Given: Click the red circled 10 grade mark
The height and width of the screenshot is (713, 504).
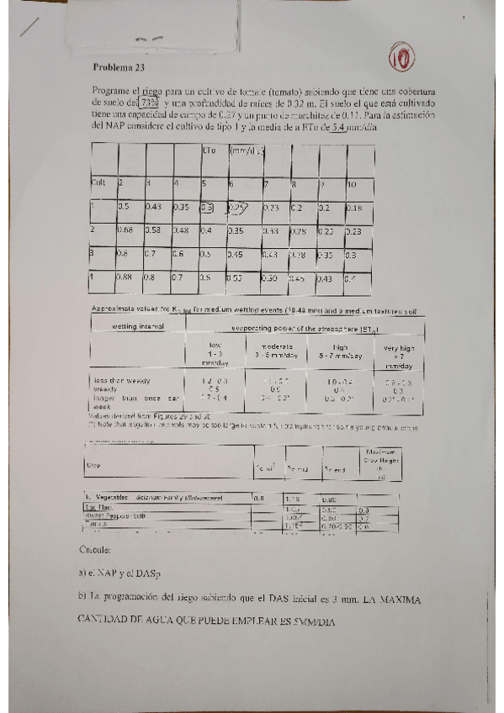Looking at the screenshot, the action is tap(402, 58).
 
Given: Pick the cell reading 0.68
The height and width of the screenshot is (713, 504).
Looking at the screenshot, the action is tap(129, 230).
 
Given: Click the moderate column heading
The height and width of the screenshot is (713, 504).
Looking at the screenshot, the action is tap(271, 346).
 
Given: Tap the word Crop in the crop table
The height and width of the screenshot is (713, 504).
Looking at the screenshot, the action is tap(91, 464).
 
